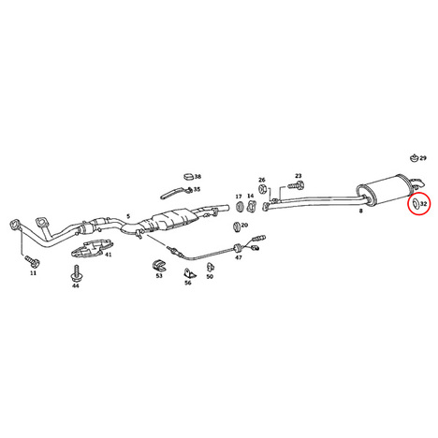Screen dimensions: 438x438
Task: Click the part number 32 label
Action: tap(423, 204)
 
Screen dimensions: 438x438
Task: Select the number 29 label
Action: tap(423, 158)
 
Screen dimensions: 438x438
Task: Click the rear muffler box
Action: tap(385, 190)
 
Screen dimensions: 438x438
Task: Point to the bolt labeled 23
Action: tap(295, 185)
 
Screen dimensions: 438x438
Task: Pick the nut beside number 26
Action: tap(262, 188)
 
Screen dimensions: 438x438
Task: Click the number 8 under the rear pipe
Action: tap(361, 211)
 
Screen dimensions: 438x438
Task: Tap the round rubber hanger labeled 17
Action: tap(240, 206)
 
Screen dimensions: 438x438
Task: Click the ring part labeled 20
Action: tap(237, 226)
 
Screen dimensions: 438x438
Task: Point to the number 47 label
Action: tap(239, 257)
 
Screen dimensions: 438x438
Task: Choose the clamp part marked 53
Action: tap(159, 266)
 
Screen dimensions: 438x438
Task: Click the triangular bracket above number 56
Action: tap(189, 273)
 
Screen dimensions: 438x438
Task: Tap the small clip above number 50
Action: tap(210, 267)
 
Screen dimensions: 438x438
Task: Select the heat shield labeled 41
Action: tap(92, 248)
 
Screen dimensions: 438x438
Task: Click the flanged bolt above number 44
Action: tap(76, 273)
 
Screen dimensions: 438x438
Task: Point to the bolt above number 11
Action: tap(33, 261)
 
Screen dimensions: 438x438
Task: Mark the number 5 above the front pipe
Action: tap(128, 216)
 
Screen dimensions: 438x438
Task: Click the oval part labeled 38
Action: tap(188, 176)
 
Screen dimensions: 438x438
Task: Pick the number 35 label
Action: tap(197, 189)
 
